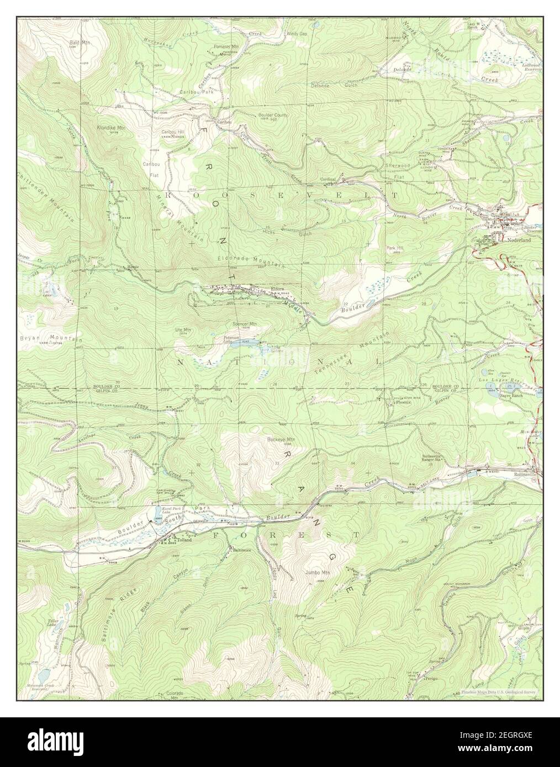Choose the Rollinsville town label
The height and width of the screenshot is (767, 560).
(x=529, y=474)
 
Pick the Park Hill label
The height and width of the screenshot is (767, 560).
(x=394, y=248)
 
